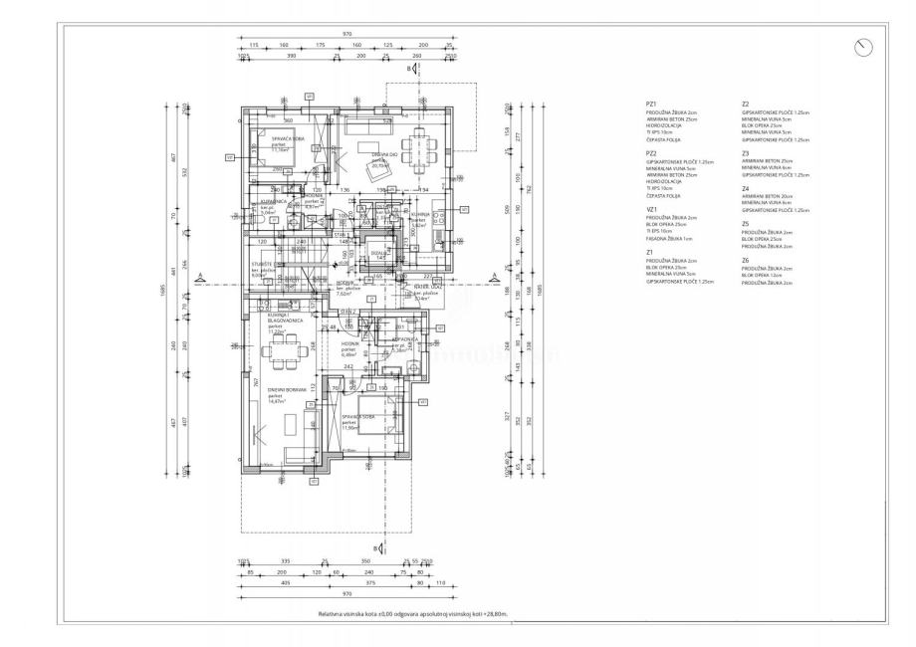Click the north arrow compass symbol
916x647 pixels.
coord(864,47)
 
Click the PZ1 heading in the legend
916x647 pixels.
coord(651,104)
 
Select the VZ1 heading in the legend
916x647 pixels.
coord(651,209)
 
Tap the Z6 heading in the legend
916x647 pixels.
coord(746,260)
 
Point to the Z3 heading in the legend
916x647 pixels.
coord(746,153)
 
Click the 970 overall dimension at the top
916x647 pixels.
coord(346,34)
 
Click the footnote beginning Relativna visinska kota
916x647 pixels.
coord(413,615)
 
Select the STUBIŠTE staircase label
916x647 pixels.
coord(262,263)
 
